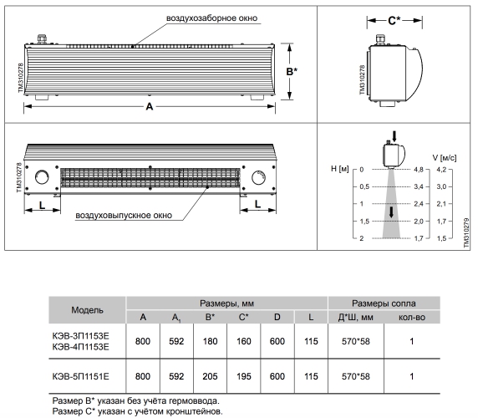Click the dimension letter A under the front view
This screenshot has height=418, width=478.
point(149,106)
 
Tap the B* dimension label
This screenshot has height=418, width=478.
point(292,71)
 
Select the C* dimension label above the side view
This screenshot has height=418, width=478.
point(394,21)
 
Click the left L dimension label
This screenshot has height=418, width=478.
point(42,205)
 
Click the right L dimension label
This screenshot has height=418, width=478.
point(257,204)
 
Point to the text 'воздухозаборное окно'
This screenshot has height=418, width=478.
point(211,18)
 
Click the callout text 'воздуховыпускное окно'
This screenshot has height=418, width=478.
point(124,215)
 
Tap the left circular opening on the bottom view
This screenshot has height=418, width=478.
point(42,177)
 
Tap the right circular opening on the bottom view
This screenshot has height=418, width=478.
point(258,177)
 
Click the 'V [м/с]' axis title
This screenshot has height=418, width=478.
point(445,158)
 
